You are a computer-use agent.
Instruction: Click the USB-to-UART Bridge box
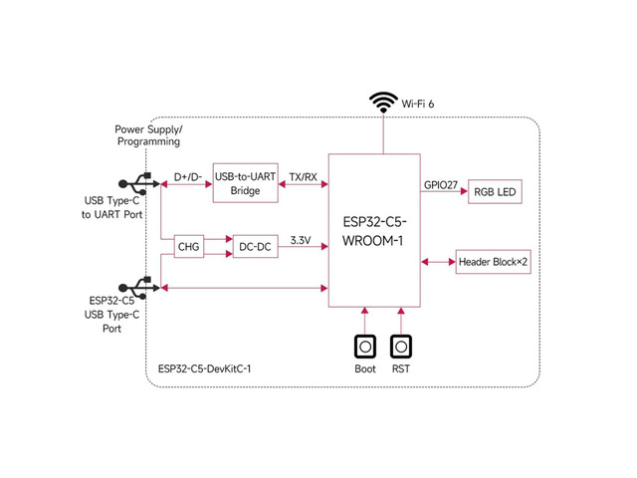point(246,183)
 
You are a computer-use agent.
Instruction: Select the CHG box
point(189,246)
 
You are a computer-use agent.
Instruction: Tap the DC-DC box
point(255,246)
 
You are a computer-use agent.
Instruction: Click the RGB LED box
point(495,191)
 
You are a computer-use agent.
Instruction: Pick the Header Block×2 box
point(494,262)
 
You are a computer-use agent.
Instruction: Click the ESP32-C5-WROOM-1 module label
point(374,231)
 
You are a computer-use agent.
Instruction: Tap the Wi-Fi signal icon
point(383,103)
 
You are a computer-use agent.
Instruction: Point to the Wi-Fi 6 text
point(418,104)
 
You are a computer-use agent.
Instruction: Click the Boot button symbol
point(365,347)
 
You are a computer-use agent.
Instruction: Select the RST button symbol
point(401,347)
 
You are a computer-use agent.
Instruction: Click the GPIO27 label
point(441,185)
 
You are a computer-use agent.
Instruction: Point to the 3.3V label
point(301,240)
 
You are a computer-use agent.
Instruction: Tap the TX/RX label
point(303,177)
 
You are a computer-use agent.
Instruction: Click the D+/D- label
point(188,177)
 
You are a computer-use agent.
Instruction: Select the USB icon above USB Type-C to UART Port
point(139,183)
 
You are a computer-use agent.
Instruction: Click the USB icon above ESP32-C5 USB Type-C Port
point(139,288)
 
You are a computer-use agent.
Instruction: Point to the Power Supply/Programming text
point(148,135)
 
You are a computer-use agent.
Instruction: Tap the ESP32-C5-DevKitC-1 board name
point(204,368)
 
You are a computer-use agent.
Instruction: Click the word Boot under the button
point(365,368)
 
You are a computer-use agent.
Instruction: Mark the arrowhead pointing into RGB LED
point(464,191)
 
